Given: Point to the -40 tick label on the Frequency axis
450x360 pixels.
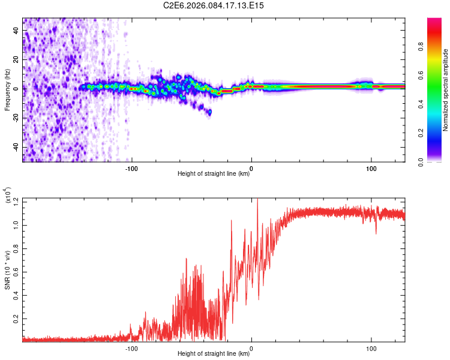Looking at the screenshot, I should (16, 148).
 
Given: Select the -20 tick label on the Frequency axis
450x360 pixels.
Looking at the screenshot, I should (16, 118).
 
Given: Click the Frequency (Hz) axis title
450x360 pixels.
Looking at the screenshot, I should (7, 89).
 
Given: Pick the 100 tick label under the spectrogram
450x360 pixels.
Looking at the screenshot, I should (371, 168).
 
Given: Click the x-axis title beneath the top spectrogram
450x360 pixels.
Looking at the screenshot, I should (214, 174).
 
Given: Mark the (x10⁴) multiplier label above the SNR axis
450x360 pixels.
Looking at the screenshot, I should (7, 195).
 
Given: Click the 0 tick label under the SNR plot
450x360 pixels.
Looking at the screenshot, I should (251, 349).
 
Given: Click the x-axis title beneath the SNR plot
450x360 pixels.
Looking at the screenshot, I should (214, 354).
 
